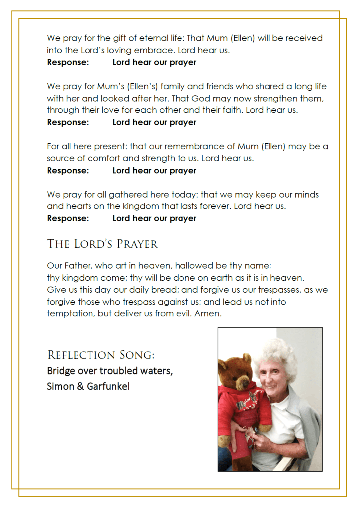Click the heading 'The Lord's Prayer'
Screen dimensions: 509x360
pos(102,244)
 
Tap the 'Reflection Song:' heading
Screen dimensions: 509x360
pos(100,355)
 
